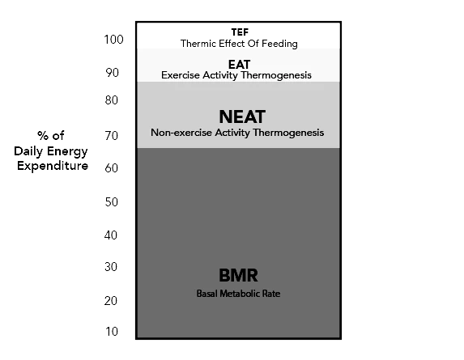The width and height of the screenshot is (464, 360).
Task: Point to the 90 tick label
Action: click(113, 73)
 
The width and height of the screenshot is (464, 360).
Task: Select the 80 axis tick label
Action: click(113, 100)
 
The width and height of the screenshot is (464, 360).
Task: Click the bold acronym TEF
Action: click(239, 32)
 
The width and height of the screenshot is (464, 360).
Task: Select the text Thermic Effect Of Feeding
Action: click(239, 43)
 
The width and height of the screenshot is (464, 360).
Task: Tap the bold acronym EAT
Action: click(239, 64)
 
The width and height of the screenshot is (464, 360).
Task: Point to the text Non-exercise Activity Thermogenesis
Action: click(238, 132)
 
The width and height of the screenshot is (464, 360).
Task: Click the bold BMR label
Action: click(238, 275)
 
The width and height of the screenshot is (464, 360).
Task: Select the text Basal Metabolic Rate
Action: click(238, 293)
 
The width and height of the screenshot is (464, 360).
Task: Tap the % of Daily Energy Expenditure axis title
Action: click(50, 151)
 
